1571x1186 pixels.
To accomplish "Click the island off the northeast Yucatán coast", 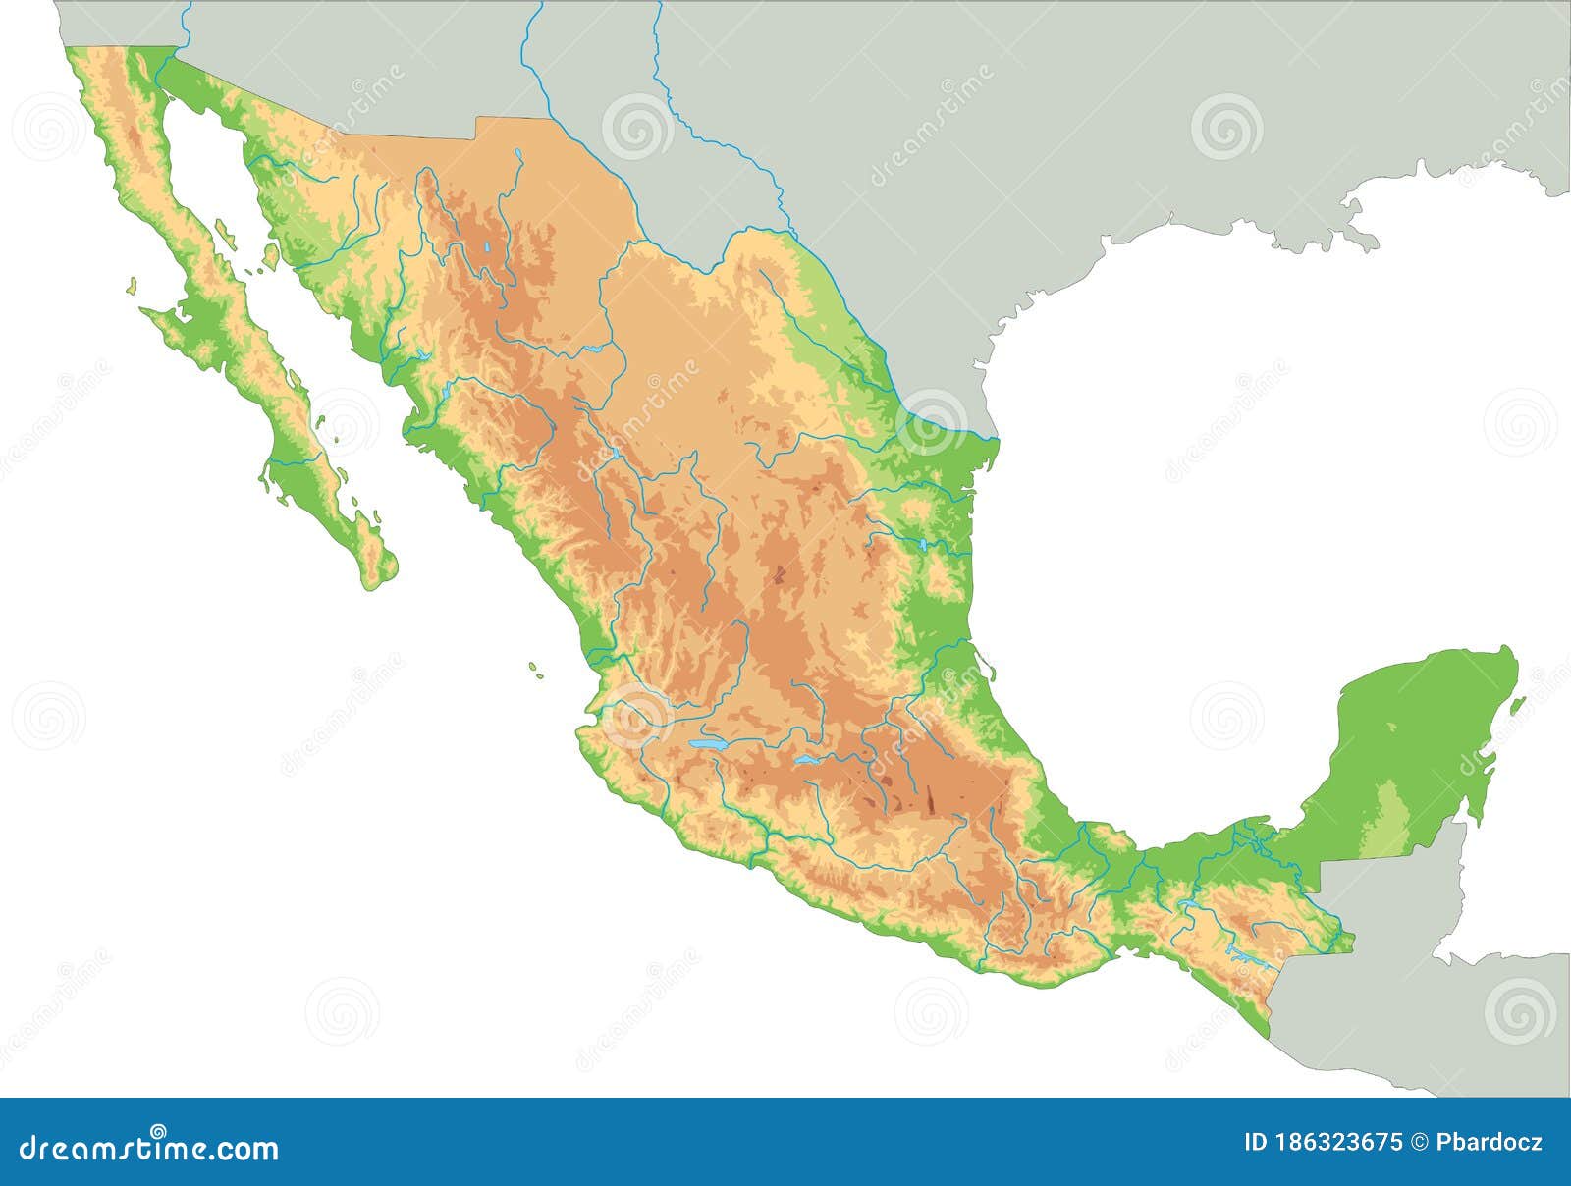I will coord(1517,705).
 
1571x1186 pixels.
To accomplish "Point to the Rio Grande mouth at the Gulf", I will coord(996,438).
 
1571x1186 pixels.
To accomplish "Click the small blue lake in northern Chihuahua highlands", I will coord(487,247).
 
